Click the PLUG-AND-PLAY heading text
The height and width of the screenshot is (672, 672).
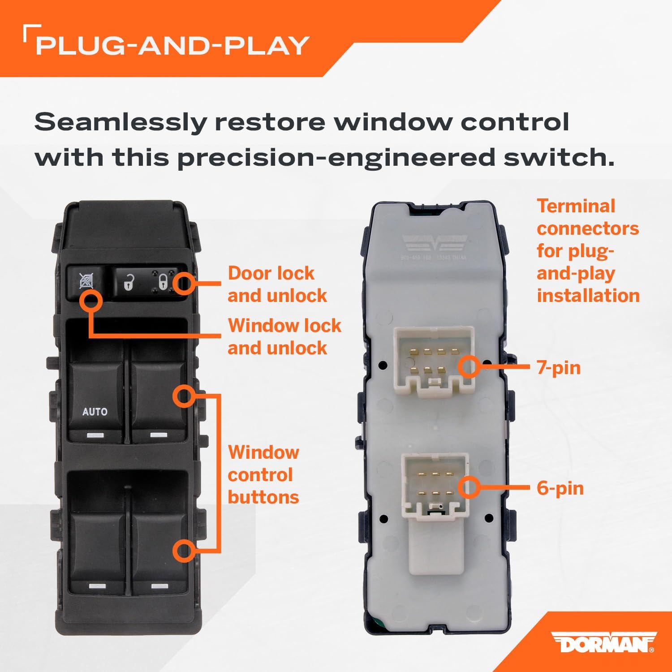[x=172, y=46]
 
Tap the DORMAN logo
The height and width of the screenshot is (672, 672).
[x=603, y=643]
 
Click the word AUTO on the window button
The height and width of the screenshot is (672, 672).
[x=95, y=411]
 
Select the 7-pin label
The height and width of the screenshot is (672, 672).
[x=558, y=368]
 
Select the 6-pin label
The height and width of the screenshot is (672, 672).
[x=560, y=488]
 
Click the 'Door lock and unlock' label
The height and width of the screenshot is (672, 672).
[x=277, y=284]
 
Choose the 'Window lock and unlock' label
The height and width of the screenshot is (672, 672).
[x=284, y=336]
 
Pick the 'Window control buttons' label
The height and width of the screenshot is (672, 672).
[x=263, y=475]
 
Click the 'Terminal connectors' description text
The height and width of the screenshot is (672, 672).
[x=588, y=251]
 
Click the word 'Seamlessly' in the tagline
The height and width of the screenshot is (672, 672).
[x=120, y=122]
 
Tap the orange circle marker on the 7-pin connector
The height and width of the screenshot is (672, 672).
[x=469, y=367]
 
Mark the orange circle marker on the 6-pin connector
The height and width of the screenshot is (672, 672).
[x=469, y=487]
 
